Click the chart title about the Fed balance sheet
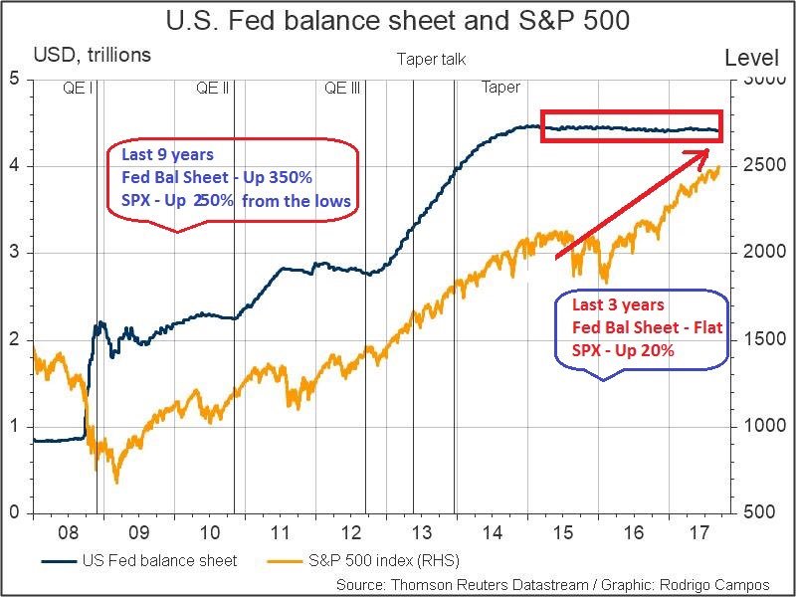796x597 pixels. (398, 20)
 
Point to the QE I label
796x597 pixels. (77, 88)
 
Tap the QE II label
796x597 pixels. (213, 88)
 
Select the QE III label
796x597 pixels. (342, 88)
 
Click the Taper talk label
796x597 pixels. (431, 60)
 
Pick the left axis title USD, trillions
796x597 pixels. (93, 55)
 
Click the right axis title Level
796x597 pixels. (751, 58)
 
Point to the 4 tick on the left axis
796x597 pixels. (14, 165)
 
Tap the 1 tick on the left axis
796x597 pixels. (14, 426)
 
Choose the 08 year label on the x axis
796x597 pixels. (68, 531)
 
